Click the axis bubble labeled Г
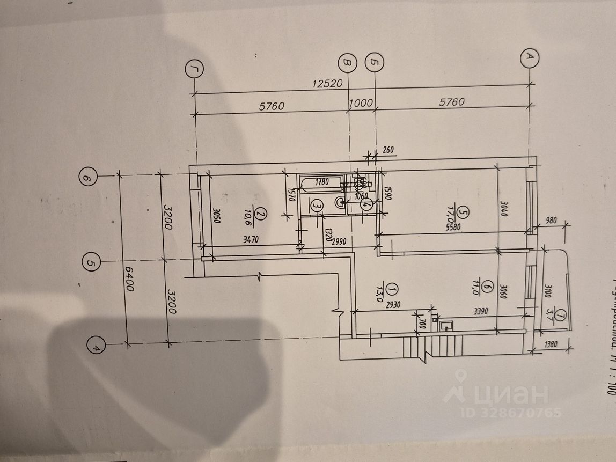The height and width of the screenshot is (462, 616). (x=193, y=69)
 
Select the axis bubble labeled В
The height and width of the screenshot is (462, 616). (x=348, y=64)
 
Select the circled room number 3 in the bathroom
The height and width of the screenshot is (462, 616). (x=317, y=205)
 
